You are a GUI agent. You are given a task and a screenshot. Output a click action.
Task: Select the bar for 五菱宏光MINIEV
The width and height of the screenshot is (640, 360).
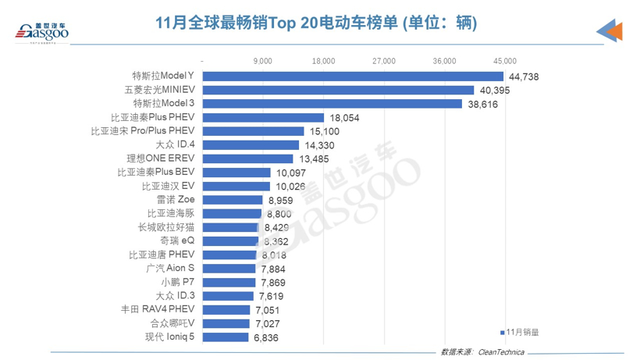coord(338,90)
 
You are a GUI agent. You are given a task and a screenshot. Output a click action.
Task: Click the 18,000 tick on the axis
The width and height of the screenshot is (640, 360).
coord(324,60)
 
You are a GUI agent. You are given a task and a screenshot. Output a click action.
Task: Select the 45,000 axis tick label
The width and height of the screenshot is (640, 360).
coord(506,60)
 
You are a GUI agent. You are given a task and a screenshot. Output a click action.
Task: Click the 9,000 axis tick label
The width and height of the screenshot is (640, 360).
coord(263,60)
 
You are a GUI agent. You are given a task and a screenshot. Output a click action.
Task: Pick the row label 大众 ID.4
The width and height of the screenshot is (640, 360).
coord(175,144)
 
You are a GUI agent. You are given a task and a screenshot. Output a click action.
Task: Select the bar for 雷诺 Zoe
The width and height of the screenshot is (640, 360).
coord(233,199)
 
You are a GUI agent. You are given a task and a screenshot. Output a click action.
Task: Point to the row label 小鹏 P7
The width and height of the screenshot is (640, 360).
coord(178,282)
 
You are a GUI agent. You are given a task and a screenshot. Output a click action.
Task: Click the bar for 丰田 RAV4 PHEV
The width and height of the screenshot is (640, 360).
coord(226,309)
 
